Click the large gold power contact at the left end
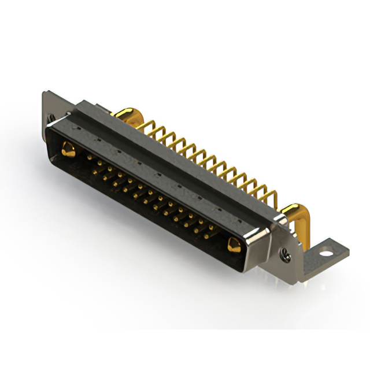[68, 150]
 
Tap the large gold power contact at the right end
[234, 245]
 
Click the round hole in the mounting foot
[327, 252]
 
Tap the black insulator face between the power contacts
[150, 208]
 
